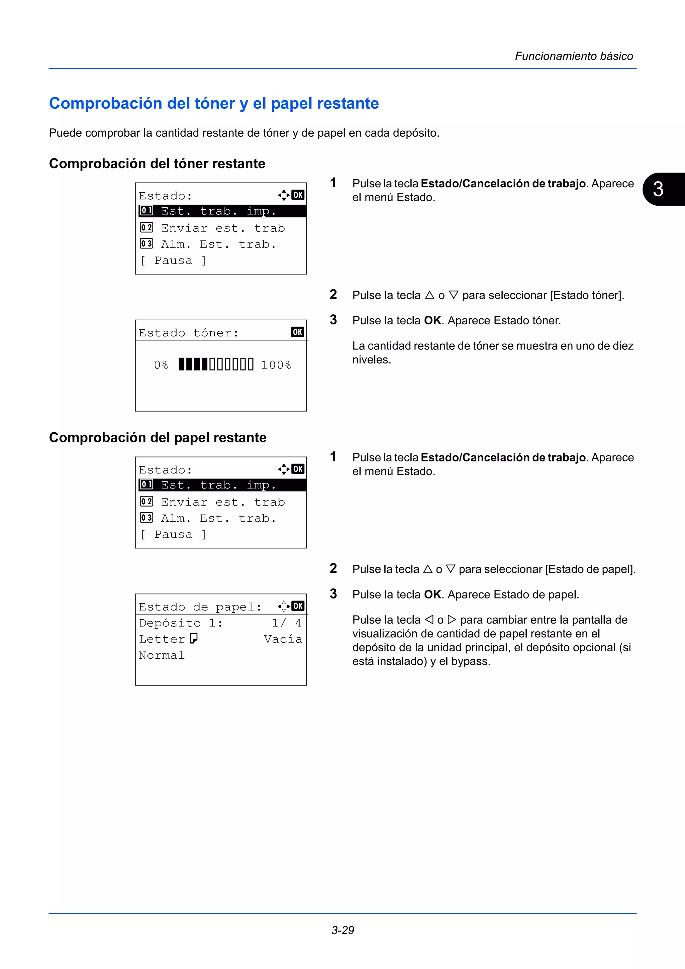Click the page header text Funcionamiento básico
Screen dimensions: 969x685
(574, 56)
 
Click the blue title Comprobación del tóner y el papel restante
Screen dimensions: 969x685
(214, 103)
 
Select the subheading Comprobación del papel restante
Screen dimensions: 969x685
(158, 438)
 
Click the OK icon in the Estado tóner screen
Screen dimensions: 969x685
(297, 332)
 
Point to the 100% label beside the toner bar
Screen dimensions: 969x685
(276, 365)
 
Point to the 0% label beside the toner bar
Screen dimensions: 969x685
(161, 365)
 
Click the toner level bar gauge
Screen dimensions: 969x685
(216, 364)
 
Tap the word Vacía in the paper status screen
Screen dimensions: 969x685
(283, 639)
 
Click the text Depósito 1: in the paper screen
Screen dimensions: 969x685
(181, 623)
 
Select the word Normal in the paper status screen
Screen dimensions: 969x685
(162, 655)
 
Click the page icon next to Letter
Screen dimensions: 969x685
(194, 639)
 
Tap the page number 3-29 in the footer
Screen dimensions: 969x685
(342, 930)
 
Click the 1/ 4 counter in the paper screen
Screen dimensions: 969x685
(287, 623)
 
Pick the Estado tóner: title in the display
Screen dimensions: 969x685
(189, 333)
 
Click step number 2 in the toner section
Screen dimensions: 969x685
(333, 294)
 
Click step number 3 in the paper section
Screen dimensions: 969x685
(333, 594)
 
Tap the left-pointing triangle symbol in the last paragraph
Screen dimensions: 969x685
(429, 620)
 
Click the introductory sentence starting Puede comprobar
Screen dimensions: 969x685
(244, 133)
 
